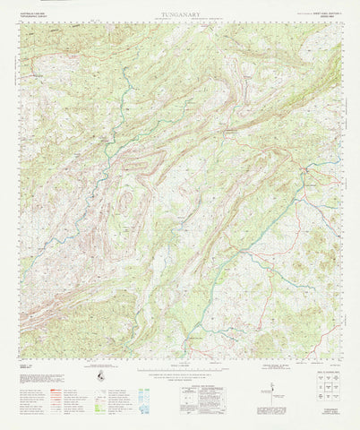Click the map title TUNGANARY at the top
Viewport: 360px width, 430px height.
coord(180,15)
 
